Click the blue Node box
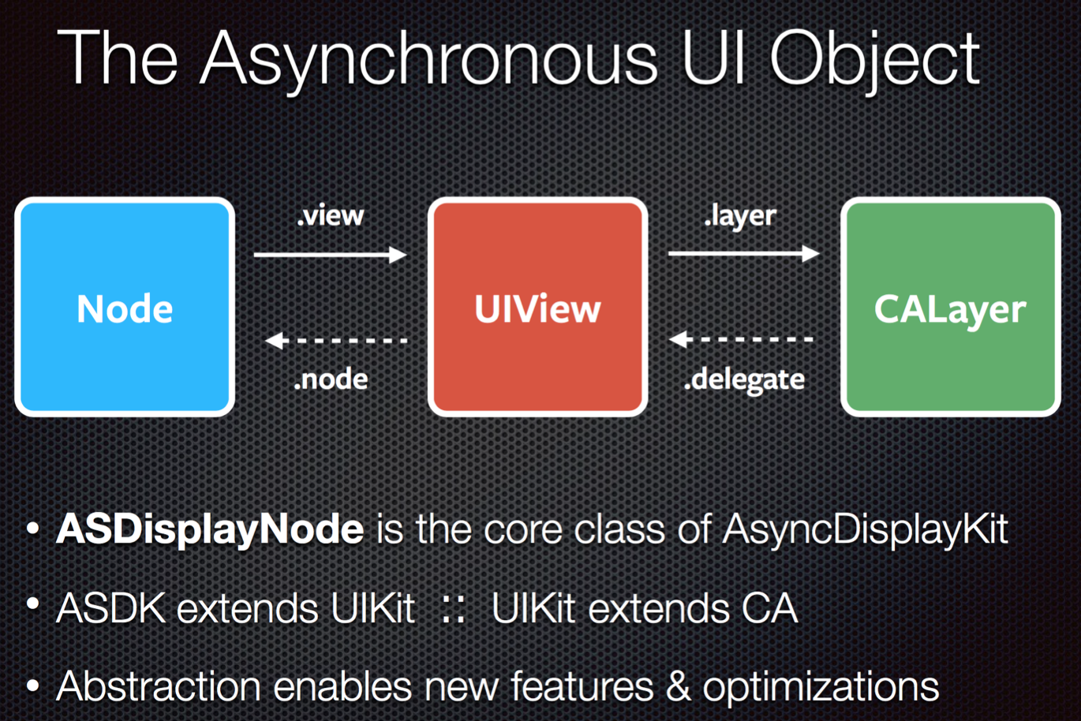point(125,307)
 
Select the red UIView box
point(537,307)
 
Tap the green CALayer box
point(951,307)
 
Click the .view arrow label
point(331,215)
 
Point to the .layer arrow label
point(740,215)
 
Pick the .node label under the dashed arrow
point(331,379)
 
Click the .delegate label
point(744,380)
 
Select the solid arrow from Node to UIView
point(331,254)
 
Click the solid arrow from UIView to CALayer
point(743,253)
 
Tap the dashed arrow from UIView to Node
point(336,341)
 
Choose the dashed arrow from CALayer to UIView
point(741,339)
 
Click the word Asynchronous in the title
point(429,60)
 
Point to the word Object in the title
point(874,60)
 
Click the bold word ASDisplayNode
point(210,529)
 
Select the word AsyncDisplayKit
point(865,529)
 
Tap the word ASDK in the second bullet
point(111,608)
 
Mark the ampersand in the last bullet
point(678,686)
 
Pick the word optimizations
point(821,687)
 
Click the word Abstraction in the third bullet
point(159,686)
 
